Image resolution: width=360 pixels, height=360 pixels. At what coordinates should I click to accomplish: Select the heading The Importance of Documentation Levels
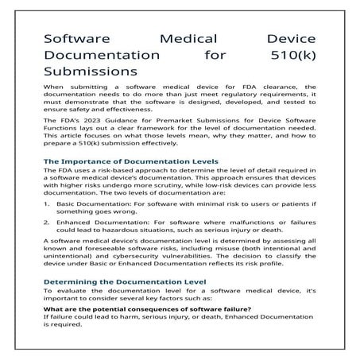(x=130, y=161)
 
